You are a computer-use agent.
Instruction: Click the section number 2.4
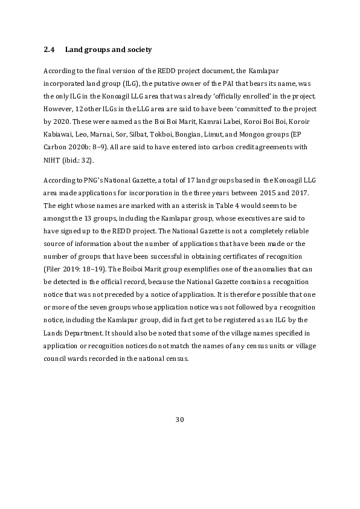[50, 48]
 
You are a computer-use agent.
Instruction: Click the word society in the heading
[137, 48]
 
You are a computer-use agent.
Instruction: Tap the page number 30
[179, 419]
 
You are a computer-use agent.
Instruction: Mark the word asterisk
[183, 204]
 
